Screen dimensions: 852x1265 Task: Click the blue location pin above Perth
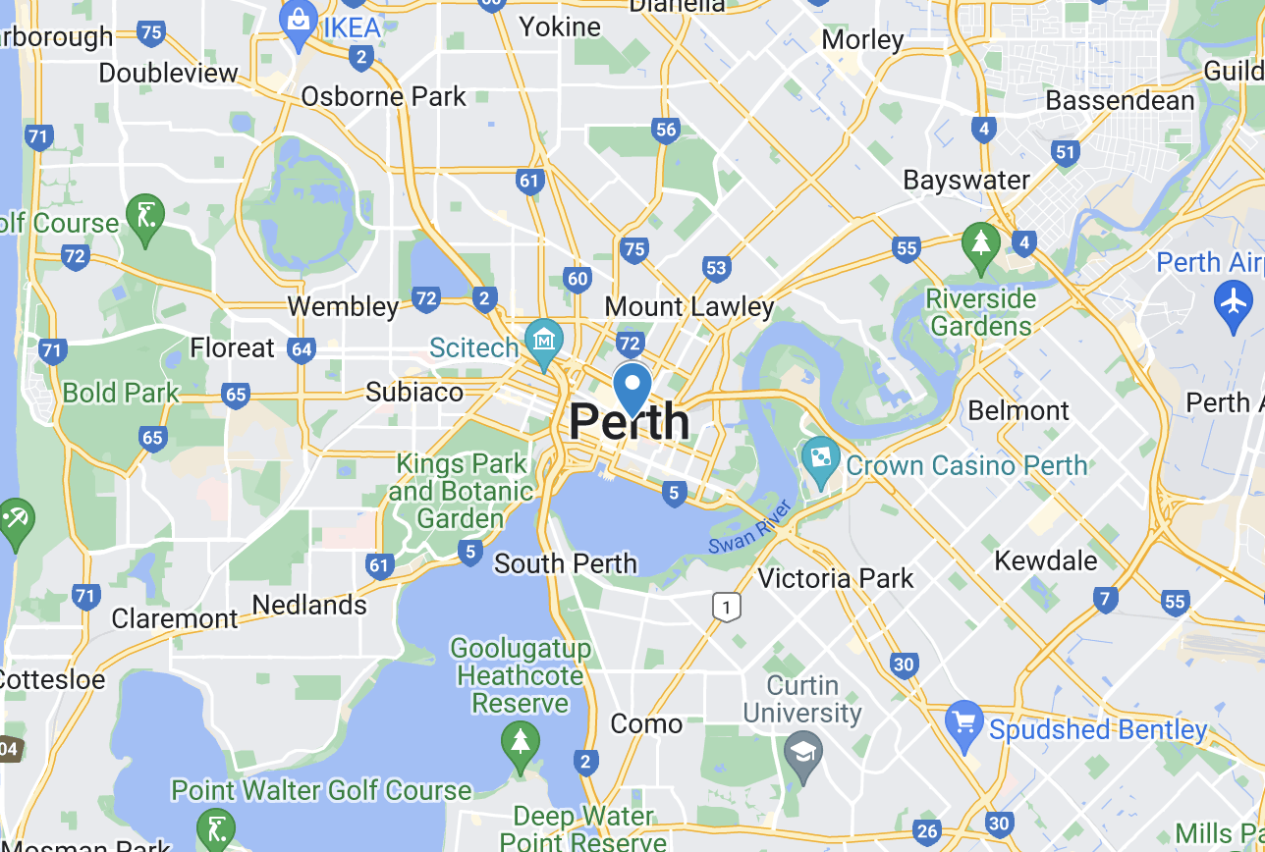pos(632,386)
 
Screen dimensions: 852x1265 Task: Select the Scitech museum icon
pos(542,340)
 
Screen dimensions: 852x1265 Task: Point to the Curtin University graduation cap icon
pos(803,755)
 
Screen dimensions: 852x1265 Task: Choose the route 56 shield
pos(666,130)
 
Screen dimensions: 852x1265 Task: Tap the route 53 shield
pos(716,268)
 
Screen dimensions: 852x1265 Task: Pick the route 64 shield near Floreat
pos(302,348)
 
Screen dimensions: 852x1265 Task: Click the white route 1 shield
pos(726,608)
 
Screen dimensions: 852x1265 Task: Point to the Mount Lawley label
pos(689,306)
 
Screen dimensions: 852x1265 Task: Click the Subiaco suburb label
pos(413,392)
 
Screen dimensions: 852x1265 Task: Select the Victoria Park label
pos(836,578)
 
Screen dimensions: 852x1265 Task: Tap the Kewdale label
pos(1046,560)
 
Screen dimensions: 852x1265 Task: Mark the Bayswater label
pos(966,180)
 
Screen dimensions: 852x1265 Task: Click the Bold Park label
pos(121,393)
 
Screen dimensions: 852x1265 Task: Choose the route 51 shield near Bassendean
pos(1065,151)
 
